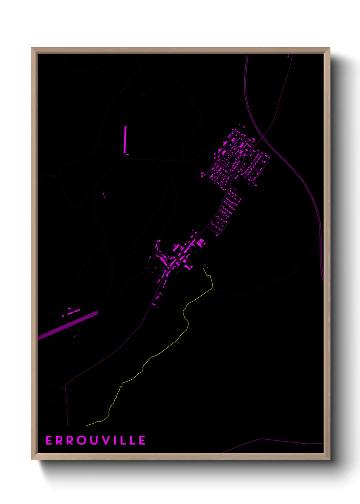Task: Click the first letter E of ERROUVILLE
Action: (49, 440)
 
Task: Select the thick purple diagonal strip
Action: (68, 325)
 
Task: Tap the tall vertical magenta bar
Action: (125, 140)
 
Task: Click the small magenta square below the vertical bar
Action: (127, 155)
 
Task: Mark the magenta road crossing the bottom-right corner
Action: (272, 441)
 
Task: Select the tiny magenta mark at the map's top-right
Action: (288, 57)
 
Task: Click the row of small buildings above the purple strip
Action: (73, 312)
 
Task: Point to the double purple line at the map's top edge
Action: (246, 60)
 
